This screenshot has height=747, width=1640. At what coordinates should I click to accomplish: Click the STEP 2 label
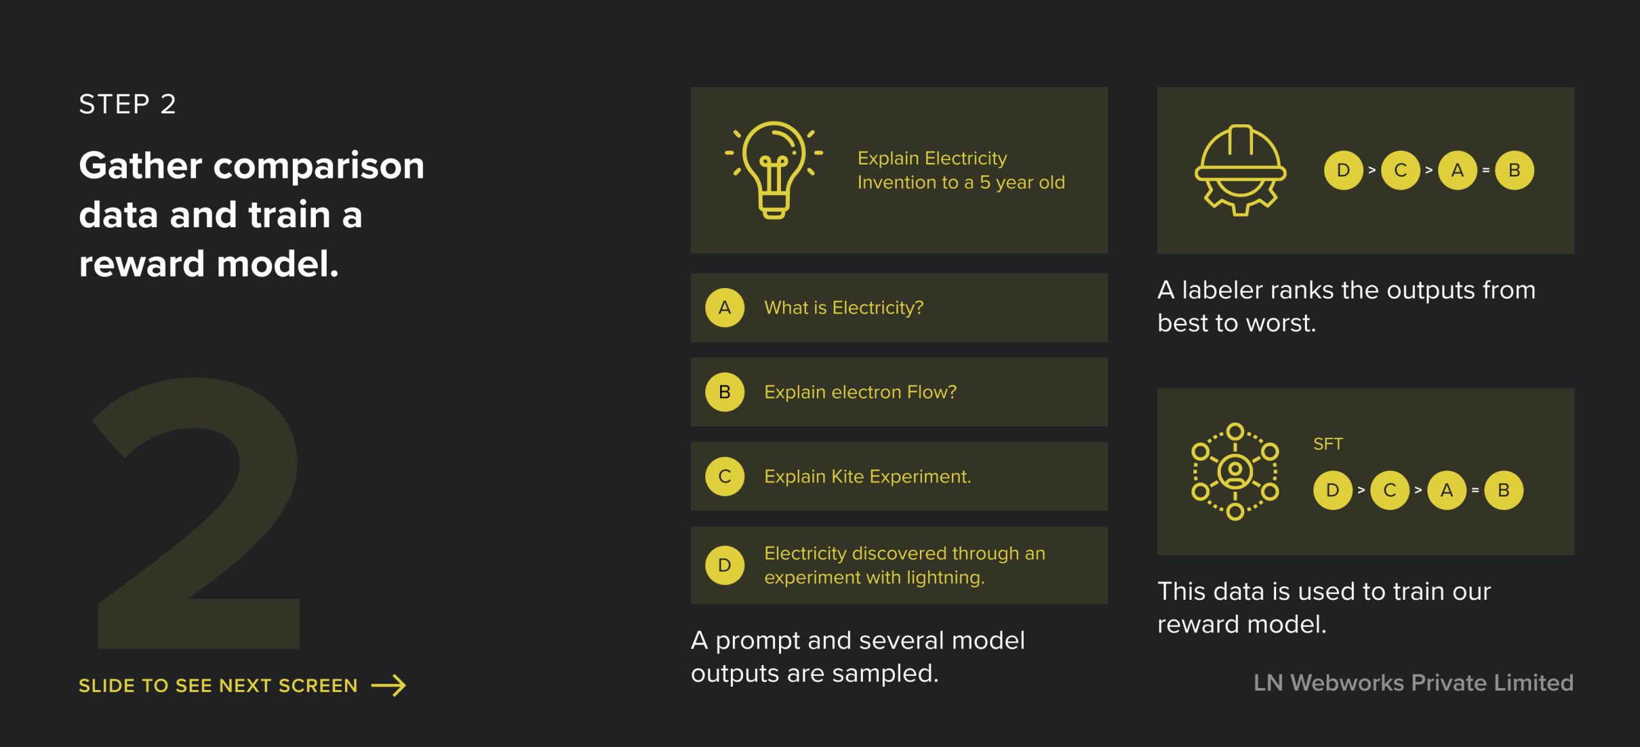click(x=127, y=104)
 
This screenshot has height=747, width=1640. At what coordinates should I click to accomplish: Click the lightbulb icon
click(x=774, y=170)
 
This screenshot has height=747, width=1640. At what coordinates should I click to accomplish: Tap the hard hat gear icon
click(x=1240, y=170)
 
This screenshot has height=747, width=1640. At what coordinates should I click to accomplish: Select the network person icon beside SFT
click(x=1235, y=471)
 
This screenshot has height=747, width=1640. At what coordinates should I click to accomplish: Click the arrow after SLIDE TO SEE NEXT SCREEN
click(x=389, y=685)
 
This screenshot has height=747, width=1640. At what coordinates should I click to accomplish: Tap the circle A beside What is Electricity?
click(x=725, y=308)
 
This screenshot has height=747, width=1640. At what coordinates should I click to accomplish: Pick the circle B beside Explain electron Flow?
click(x=725, y=392)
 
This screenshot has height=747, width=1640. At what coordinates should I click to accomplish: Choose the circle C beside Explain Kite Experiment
click(x=725, y=476)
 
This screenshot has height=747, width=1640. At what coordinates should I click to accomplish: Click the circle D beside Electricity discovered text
click(x=725, y=565)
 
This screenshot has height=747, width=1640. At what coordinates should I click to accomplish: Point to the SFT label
click(x=1328, y=444)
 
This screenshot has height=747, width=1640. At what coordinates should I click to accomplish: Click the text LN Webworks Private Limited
click(x=1413, y=683)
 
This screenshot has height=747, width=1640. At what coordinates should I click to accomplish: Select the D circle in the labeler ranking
click(x=1343, y=170)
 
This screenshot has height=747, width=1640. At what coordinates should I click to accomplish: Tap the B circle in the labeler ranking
click(x=1514, y=170)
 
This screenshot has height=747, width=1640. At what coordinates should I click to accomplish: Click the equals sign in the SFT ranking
click(x=1475, y=490)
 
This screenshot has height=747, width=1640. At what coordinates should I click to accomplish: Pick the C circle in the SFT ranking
click(x=1390, y=490)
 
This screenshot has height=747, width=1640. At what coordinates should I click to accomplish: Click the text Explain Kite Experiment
click(x=867, y=476)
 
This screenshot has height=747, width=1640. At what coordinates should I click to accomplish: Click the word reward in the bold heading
click(x=142, y=264)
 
